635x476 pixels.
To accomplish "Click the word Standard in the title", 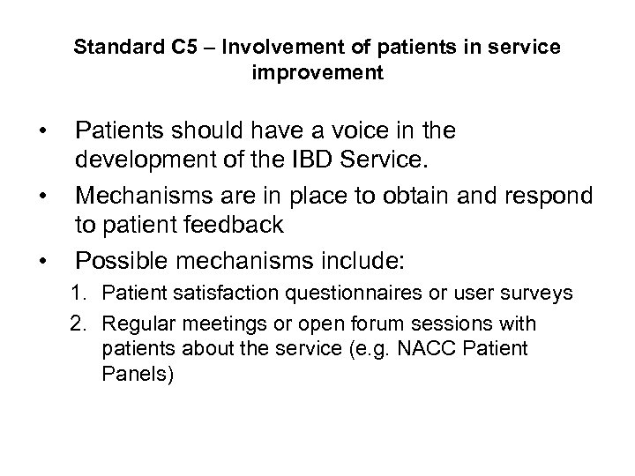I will (x=112, y=47).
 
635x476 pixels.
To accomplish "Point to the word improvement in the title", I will (x=317, y=73).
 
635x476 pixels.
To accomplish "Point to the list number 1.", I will (x=77, y=293).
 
